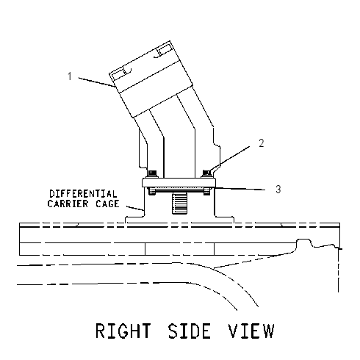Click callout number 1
pyautogui.click(x=70, y=76)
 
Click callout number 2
pyautogui.click(x=262, y=143)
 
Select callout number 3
pyautogui.click(x=278, y=190)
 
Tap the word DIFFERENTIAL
pyautogui.click(x=83, y=194)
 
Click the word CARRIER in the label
pyautogui.click(x=68, y=204)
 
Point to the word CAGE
pyautogui.click(x=107, y=204)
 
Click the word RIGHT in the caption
pyautogui.click(x=123, y=331)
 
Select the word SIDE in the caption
pyautogui.click(x=189, y=331)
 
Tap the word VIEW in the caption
pyautogui.click(x=251, y=331)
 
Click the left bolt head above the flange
pyautogui.click(x=153, y=173)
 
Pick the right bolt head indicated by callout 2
pyautogui.click(x=207, y=173)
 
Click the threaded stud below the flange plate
pyautogui.click(x=181, y=203)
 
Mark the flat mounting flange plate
pyautogui.click(x=179, y=183)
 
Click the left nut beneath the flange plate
pyautogui.click(x=152, y=191)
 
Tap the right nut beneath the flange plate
pyautogui.click(x=207, y=191)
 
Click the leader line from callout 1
pyautogui.click(x=97, y=82)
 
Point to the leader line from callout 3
pyautogui.click(x=239, y=189)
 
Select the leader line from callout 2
pyautogui.click(x=230, y=159)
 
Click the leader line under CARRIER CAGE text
pyautogui.click(x=134, y=208)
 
